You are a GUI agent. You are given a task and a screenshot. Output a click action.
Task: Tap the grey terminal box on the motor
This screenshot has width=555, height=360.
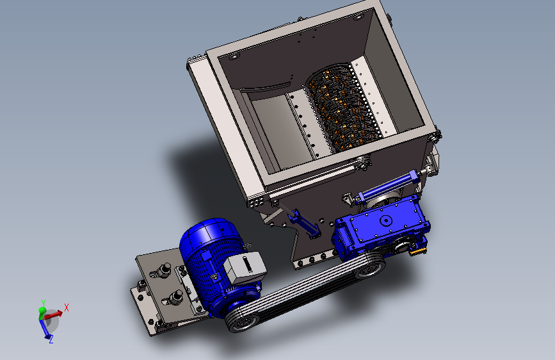[x=245, y=268]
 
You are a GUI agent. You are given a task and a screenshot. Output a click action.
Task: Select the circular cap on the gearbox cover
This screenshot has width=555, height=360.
[x=385, y=221]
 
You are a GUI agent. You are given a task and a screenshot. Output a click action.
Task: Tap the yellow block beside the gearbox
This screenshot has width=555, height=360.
[x=419, y=251]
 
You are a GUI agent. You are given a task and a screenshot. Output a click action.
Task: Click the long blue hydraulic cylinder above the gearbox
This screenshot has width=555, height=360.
[x=389, y=185]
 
